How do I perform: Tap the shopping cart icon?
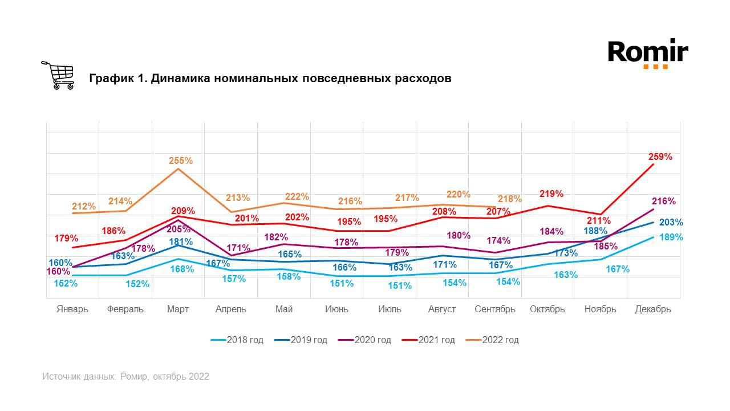click(58, 75)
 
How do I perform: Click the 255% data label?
click(181, 162)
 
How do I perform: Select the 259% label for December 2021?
click(660, 156)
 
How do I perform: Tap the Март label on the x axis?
click(178, 309)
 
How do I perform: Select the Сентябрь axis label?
click(495, 309)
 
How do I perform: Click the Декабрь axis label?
click(653, 309)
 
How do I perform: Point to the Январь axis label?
click(72, 309)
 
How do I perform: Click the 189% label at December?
click(671, 237)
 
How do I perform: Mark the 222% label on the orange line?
click(297, 197)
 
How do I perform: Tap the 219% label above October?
click(551, 194)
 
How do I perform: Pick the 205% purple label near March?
click(179, 229)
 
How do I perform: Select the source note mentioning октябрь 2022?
click(125, 377)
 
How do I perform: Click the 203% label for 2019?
click(671, 223)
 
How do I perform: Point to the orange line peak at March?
click(179, 169)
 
